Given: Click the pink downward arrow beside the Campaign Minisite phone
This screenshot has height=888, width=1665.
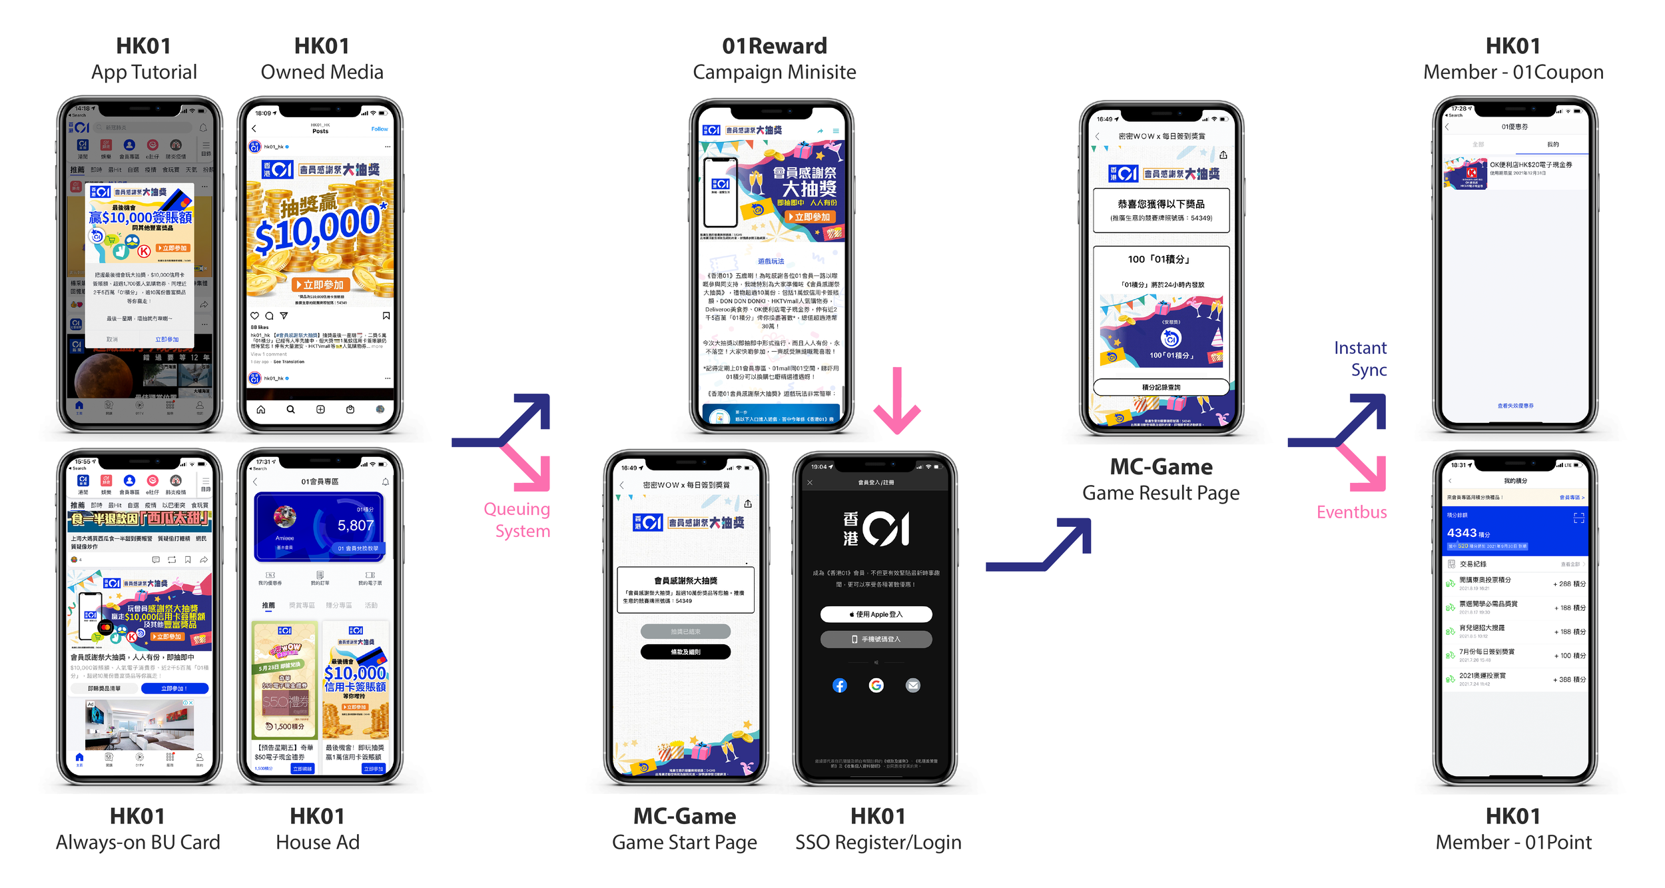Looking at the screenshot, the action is coord(896,400).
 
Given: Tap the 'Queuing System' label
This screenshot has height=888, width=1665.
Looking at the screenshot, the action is coord(517,520).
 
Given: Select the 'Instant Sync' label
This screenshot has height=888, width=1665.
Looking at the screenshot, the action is coord(1360,358).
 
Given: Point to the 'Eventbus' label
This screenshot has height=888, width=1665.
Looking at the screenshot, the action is coord(1351,512).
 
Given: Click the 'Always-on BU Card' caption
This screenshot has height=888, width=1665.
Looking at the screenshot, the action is coord(138,842).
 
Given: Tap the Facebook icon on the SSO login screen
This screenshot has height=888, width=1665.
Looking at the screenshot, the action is coord(839,685).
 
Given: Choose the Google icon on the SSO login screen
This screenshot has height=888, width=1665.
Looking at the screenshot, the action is coord(876,685).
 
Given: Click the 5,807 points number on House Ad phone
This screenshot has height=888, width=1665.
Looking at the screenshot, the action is coord(356,526).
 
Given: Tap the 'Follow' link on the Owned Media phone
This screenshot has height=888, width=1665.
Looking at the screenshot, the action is coord(380,129).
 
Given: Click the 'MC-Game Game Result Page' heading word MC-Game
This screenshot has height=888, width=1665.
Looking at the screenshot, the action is coord(1161,467).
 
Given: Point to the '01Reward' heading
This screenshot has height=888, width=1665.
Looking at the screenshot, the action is coord(774,46).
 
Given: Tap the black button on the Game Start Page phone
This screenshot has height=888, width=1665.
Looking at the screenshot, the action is coord(685,652).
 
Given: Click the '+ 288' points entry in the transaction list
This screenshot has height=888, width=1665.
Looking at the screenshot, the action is coord(1568,584).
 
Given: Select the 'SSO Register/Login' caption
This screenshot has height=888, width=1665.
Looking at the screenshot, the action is coord(878,842).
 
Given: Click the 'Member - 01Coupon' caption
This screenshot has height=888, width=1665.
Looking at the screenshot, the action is coord(1513,72).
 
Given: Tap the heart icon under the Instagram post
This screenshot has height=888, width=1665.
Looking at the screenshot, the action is coord(254,316).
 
